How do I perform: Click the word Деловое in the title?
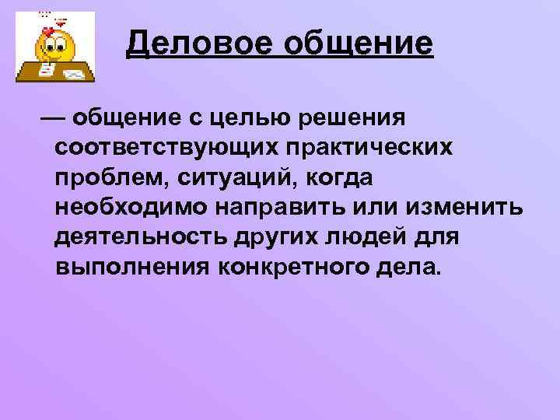pos(198,44)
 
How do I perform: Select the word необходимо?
pos(128,208)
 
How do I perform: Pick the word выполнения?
pos(133,268)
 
